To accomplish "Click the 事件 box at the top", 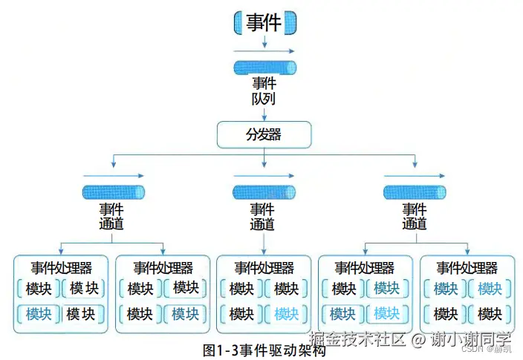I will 264,22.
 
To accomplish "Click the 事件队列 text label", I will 264,91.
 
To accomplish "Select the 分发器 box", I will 264,135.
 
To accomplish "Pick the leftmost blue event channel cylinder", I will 113,193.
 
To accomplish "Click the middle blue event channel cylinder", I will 264,193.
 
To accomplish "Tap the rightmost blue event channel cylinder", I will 415,193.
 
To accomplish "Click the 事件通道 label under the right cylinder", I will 415,217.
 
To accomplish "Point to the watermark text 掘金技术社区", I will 357,339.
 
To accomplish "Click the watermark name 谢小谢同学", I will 472,339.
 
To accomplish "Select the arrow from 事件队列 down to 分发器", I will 264,113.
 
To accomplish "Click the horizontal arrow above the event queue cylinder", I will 264,51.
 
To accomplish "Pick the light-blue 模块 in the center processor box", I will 286,314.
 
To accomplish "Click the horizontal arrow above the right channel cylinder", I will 415,177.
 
